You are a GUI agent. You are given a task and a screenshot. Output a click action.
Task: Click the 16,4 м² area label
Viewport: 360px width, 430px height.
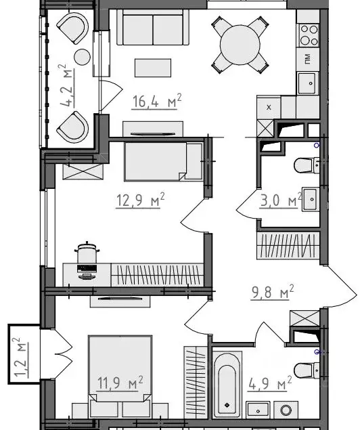[x=157, y=101]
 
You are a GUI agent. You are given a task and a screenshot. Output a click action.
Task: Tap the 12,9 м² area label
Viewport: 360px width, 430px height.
[x=140, y=200]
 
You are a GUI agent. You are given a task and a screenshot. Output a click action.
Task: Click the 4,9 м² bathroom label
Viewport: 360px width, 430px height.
[x=270, y=383]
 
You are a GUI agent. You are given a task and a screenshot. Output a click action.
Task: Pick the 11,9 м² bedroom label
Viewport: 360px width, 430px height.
[x=120, y=383]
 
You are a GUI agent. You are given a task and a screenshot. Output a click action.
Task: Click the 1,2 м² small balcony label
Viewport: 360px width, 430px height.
[x=21, y=358]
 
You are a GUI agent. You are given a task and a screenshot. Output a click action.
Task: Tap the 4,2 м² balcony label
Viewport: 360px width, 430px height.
[x=66, y=85]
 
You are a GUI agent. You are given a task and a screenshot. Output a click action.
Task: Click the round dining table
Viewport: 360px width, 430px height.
[x=240, y=45]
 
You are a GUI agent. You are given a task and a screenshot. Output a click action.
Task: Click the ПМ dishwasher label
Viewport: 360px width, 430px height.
[x=308, y=59]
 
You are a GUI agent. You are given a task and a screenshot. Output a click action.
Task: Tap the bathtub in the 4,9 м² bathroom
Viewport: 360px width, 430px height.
[x=227, y=385]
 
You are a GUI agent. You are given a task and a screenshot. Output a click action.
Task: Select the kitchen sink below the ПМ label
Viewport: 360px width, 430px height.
[x=308, y=83]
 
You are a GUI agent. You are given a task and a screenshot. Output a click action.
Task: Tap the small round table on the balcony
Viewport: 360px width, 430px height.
[x=82, y=57]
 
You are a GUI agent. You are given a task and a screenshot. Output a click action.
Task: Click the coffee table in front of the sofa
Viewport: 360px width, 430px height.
[x=153, y=68]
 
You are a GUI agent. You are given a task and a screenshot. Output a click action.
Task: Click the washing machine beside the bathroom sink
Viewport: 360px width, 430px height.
[x=286, y=410]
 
